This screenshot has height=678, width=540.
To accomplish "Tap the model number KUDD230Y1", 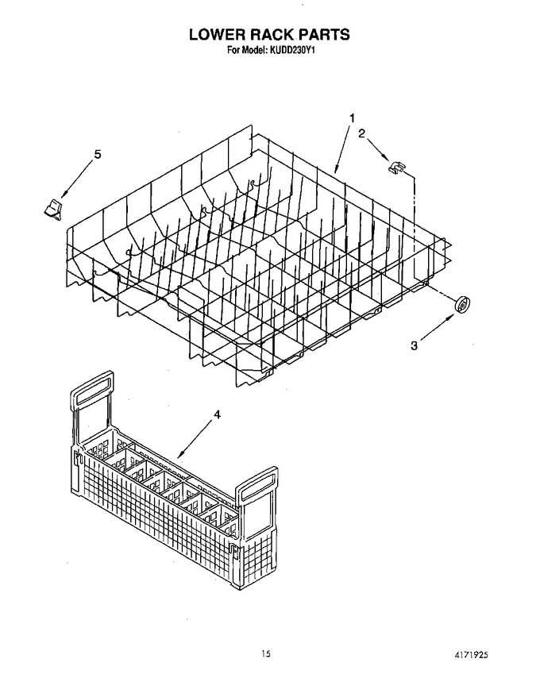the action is (x=293, y=50).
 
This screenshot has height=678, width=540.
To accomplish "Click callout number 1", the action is (x=353, y=117).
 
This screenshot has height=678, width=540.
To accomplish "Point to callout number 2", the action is (x=361, y=133).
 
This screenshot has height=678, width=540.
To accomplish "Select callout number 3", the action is (x=415, y=345).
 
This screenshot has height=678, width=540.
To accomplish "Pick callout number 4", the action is (x=217, y=414).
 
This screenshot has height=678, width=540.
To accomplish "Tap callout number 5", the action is (x=98, y=154).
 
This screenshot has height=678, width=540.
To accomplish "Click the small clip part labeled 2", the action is (x=396, y=168).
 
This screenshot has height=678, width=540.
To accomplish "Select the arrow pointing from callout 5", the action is (x=77, y=179).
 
